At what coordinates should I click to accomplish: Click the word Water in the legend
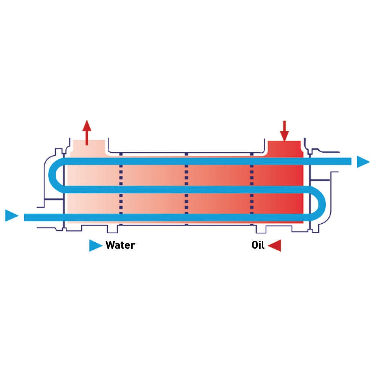pyautogui.click(x=120, y=245)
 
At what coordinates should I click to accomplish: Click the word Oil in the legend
pyautogui.click(x=258, y=245)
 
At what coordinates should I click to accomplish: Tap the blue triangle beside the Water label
pyautogui.click(x=95, y=245)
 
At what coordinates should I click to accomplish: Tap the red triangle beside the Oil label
pyautogui.click(x=275, y=245)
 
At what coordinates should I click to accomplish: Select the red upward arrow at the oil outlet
pyautogui.click(x=87, y=132)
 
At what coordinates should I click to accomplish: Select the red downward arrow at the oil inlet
pyautogui.click(x=285, y=131)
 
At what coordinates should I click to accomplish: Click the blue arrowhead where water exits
pyautogui.click(x=363, y=162)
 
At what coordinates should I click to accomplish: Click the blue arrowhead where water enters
pyautogui.click(x=12, y=216)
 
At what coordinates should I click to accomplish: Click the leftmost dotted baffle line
pyautogui.click(x=121, y=189)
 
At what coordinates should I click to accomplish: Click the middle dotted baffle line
pyautogui.click(x=187, y=189)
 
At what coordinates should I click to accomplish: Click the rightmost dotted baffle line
pyautogui.click(x=252, y=189)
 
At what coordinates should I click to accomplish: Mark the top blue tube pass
pyautogui.click(x=206, y=161)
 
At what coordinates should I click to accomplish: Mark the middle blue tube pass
pyautogui.click(x=187, y=189)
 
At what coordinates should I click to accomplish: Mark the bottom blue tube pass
pyautogui.click(x=168, y=217)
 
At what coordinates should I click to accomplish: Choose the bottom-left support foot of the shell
pyautogui.click(x=113, y=229)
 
